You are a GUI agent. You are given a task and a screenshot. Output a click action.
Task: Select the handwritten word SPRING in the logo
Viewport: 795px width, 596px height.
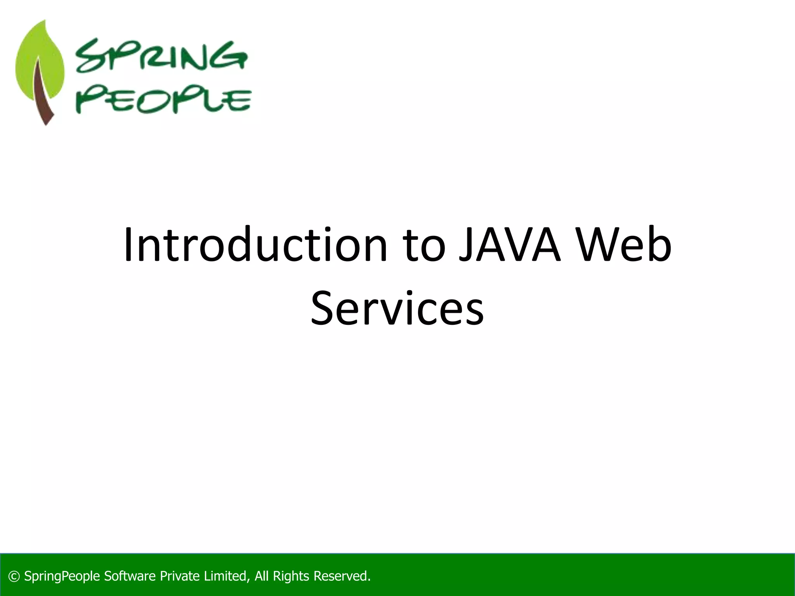point(161,57)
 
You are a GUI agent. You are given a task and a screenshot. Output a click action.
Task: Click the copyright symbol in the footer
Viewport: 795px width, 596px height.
point(14,576)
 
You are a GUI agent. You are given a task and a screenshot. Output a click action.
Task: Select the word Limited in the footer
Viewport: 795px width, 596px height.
point(226,576)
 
